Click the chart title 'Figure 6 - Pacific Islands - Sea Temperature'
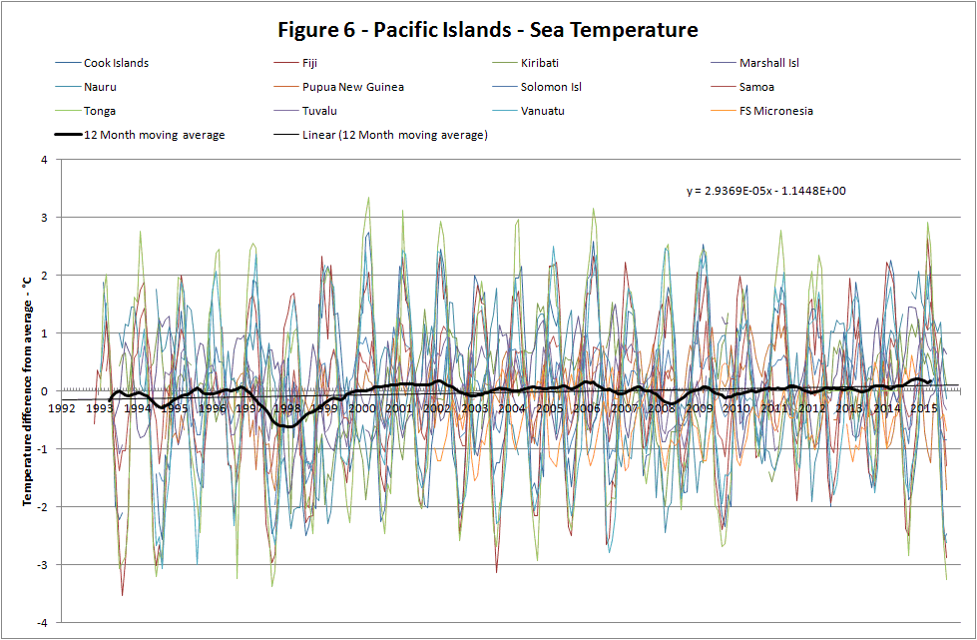(488, 30)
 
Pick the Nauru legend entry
(101, 87)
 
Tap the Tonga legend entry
(100, 111)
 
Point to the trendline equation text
(766, 191)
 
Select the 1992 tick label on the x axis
(62, 407)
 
